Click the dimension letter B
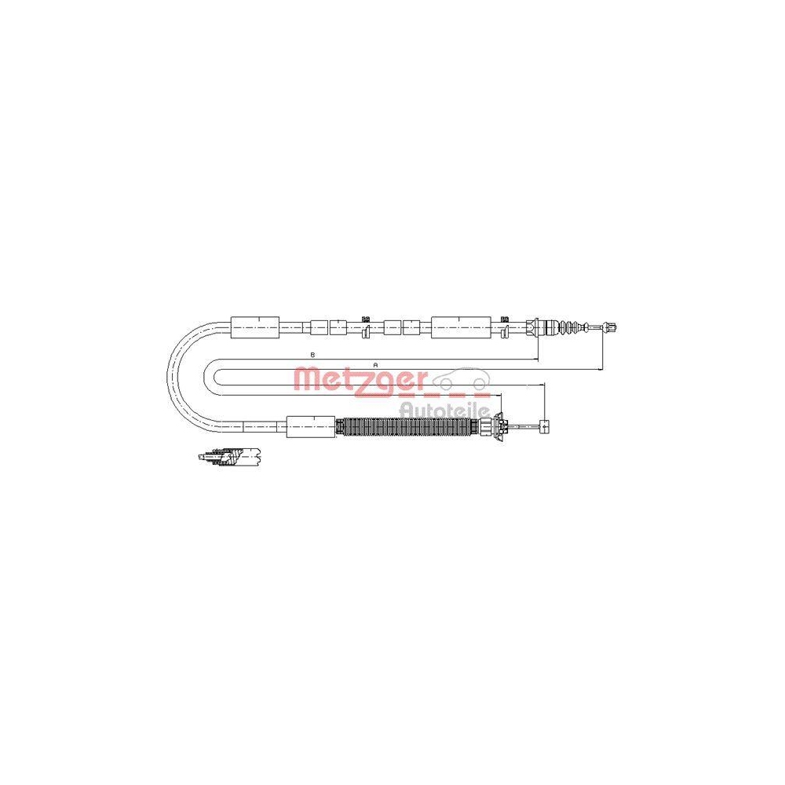point(312,355)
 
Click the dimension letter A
point(375,366)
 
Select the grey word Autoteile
point(444,410)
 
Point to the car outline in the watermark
point(462,379)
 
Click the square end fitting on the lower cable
point(544,426)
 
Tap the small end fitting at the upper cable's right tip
point(610,327)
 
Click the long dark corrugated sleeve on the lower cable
point(407,426)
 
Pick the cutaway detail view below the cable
point(230,456)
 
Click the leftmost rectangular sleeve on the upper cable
point(255,327)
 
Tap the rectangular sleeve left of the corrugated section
point(311,426)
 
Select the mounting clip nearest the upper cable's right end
point(505,327)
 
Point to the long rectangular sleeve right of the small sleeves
point(461,327)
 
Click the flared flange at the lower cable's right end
point(498,427)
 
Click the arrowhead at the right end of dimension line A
point(600,370)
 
